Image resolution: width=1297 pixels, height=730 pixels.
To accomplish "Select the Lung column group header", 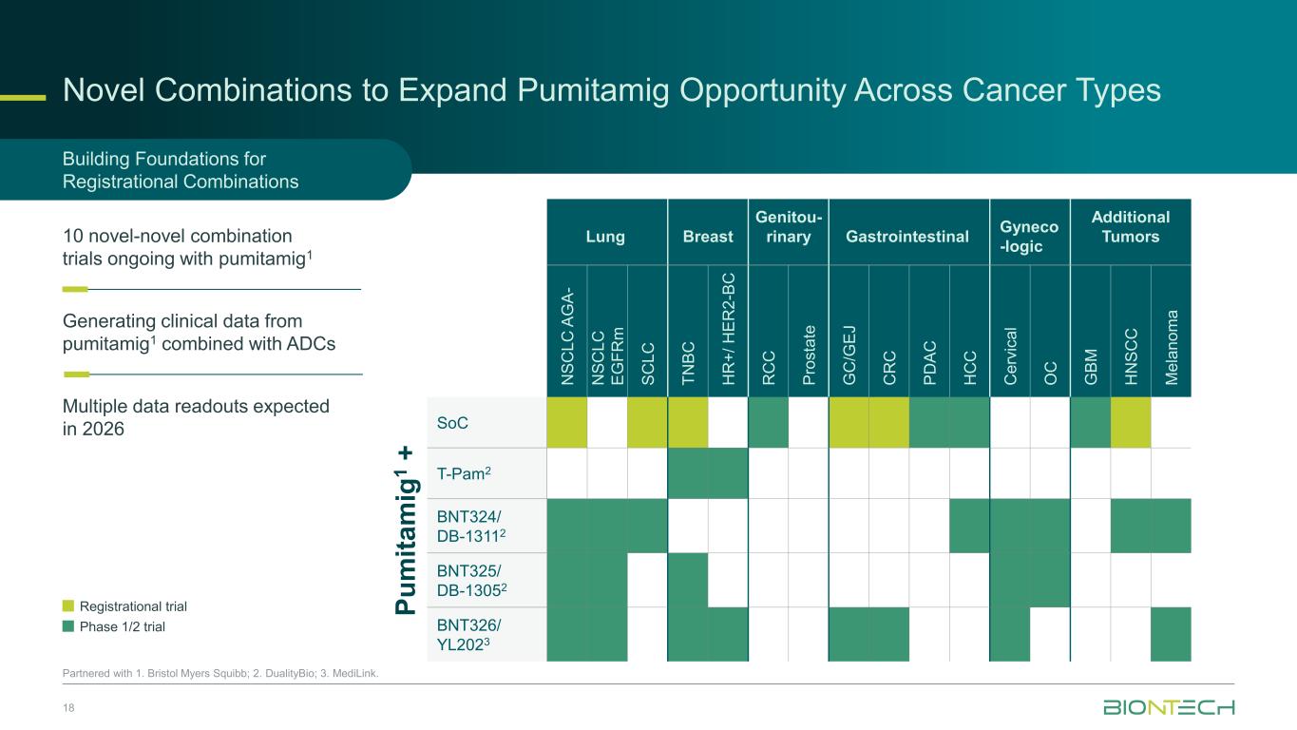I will pos(606,236).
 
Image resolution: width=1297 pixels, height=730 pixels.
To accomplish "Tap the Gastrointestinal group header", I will pos(908,236).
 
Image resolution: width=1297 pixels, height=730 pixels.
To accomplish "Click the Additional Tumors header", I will pos(1130,226).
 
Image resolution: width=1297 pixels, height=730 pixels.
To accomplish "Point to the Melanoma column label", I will pos(1171,344).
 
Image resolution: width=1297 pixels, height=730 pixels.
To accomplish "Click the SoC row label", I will pos(451,421).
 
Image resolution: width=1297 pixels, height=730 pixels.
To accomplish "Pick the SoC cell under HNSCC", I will pos(1130,421).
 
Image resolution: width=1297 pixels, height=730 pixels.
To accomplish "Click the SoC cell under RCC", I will pos(768,421).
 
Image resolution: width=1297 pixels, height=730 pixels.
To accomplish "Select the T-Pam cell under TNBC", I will pos(687,472).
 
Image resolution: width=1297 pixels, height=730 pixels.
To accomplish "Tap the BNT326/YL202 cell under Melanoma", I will pos(1171,633).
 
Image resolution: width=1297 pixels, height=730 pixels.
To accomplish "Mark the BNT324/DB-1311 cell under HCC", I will pos(969,526).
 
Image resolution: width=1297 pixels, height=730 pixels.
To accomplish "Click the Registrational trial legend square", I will pos(67,606).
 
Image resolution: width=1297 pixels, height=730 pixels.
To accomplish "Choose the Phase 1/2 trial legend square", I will pos(67,626).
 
